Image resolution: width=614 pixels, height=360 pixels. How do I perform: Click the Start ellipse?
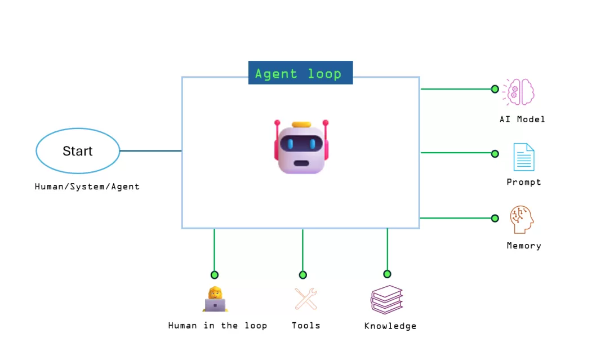(78, 151)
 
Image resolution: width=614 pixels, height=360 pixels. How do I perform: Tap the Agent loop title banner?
(300, 73)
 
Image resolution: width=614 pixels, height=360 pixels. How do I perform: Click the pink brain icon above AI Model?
(519, 91)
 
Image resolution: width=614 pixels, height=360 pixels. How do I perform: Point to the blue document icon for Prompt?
(523, 157)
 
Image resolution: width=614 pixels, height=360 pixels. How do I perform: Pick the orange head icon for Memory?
(521, 220)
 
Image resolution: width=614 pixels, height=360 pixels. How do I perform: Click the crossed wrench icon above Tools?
(306, 299)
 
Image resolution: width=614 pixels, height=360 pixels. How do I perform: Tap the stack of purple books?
(386, 299)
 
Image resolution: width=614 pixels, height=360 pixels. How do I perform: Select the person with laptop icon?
(215, 299)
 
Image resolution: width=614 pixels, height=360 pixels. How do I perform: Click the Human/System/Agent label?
(87, 186)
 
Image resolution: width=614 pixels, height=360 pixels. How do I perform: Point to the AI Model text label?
(522, 119)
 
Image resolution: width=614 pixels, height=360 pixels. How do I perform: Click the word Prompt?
(523, 182)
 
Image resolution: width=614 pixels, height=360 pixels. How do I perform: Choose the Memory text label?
(523, 246)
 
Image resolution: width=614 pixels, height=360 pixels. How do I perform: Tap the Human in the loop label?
(217, 326)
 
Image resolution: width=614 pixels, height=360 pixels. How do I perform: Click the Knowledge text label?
(390, 326)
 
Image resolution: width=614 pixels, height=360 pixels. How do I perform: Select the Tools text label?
(306, 326)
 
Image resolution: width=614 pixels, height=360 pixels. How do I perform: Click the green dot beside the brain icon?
(495, 89)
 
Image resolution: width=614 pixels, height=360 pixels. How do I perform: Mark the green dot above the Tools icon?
(302, 275)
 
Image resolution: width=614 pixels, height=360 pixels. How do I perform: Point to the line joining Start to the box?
(150, 151)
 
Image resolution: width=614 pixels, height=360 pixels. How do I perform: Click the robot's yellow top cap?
(301, 125)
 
